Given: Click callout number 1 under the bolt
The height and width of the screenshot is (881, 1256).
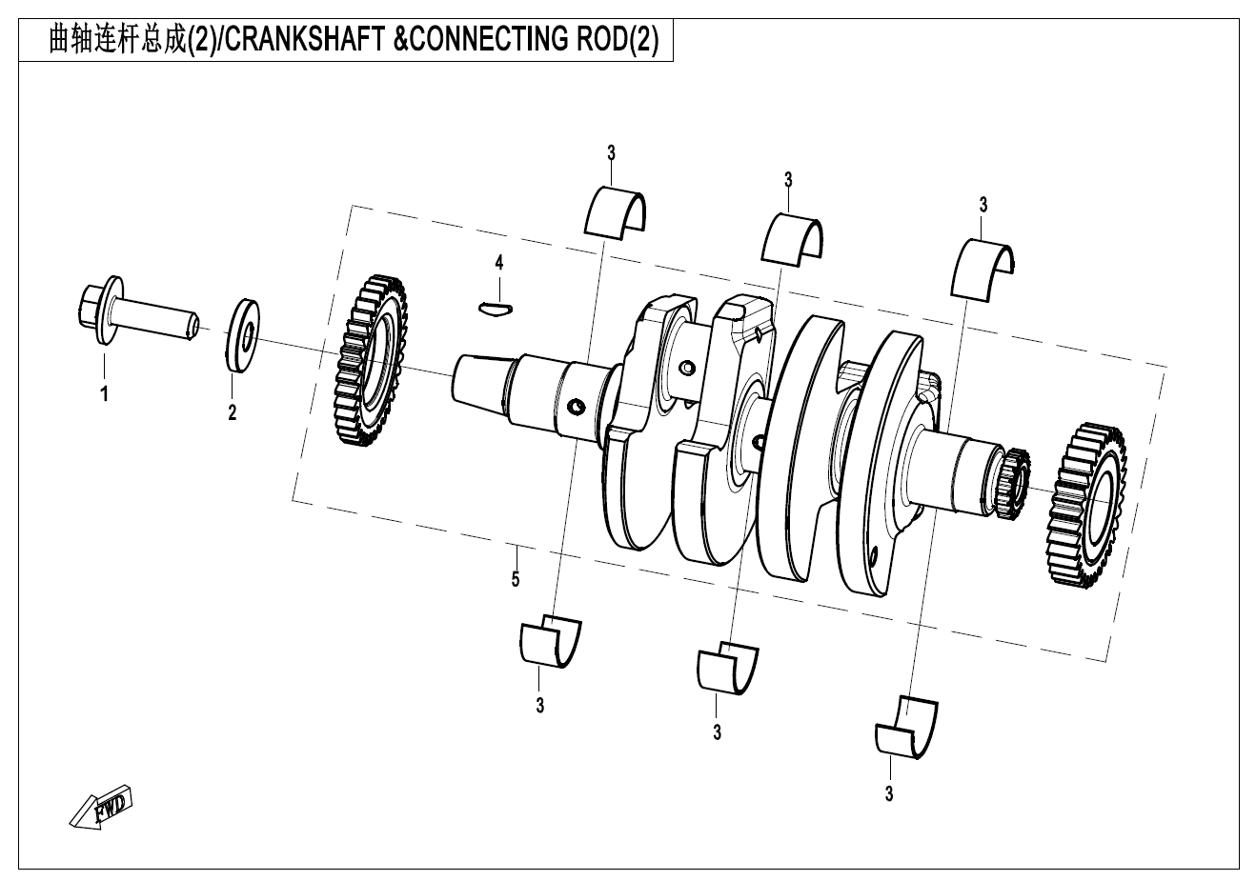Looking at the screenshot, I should pos(105,392).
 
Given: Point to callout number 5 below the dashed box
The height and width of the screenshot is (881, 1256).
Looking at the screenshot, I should pos(516,578).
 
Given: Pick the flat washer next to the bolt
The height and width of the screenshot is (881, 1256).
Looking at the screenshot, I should pos(246,332).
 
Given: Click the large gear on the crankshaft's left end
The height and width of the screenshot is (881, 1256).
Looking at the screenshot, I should pos(371,362).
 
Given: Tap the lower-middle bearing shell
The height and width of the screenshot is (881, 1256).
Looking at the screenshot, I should pos(727,665).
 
